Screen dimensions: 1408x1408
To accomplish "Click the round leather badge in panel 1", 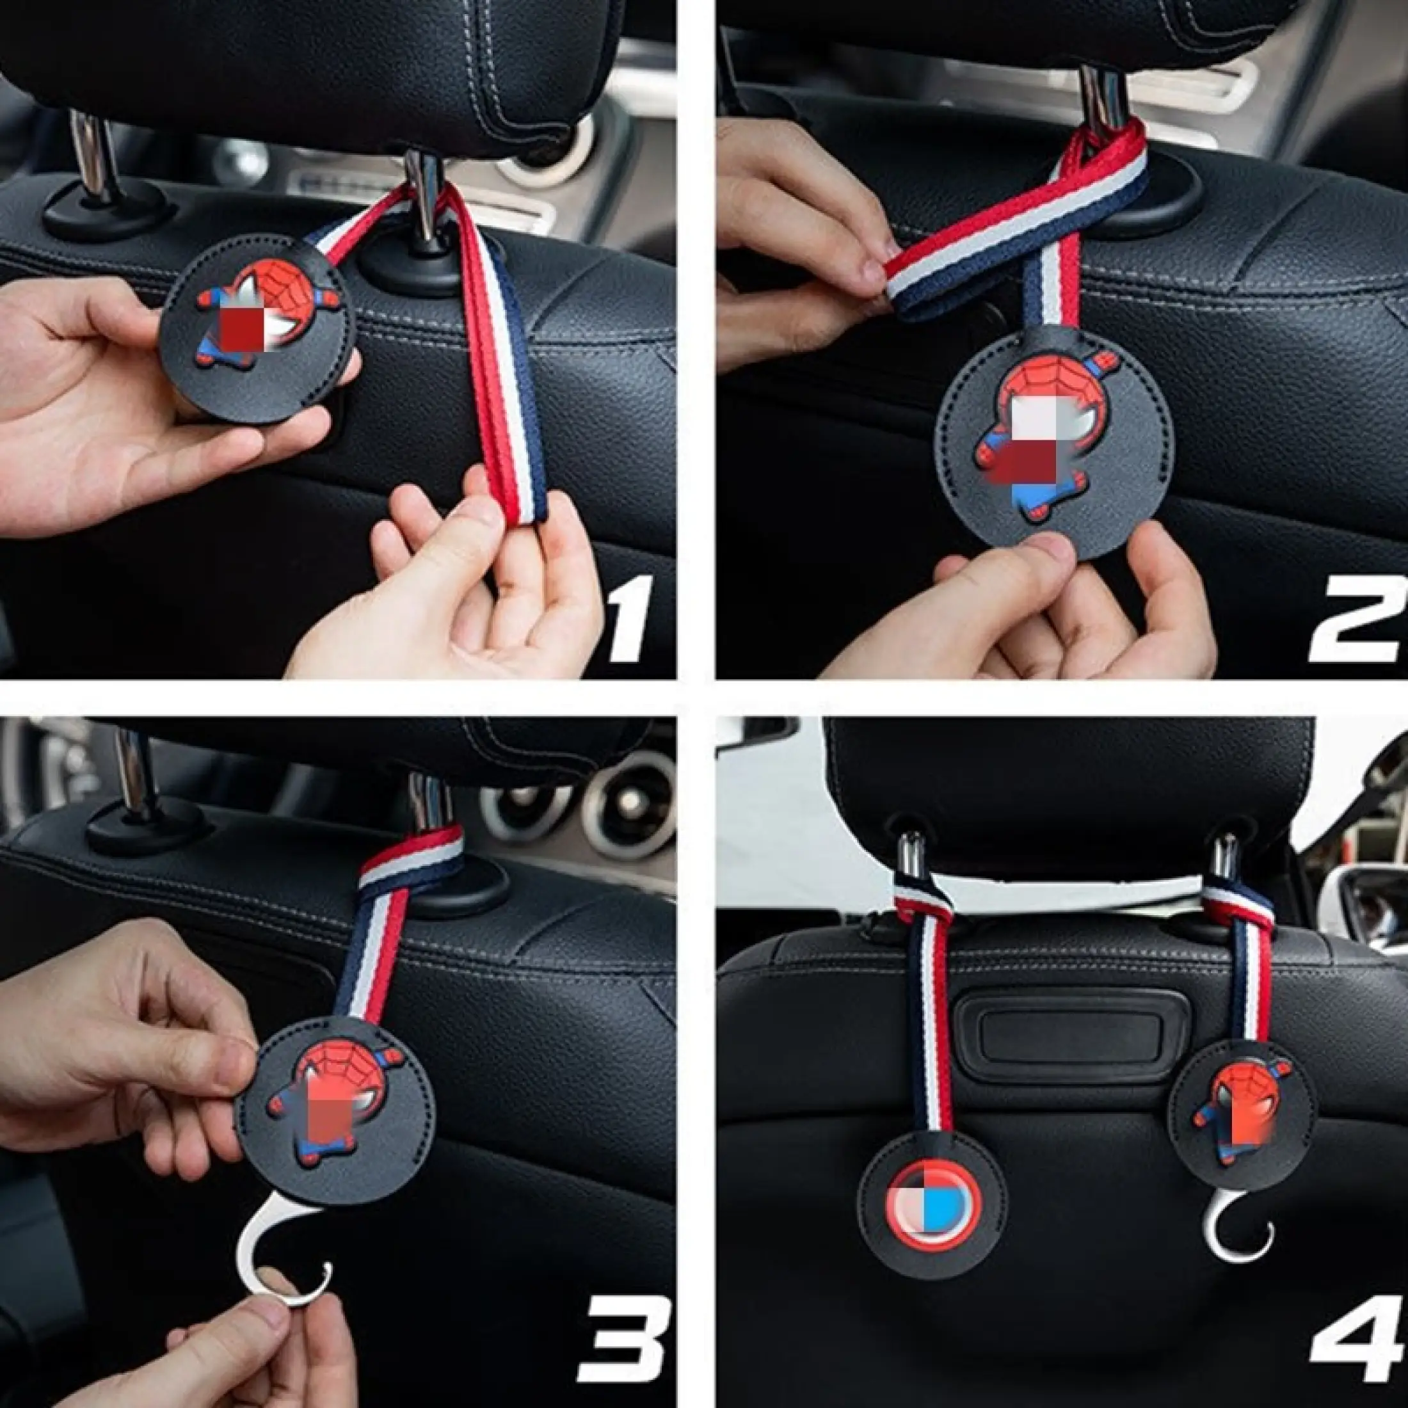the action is coord(257,328).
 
